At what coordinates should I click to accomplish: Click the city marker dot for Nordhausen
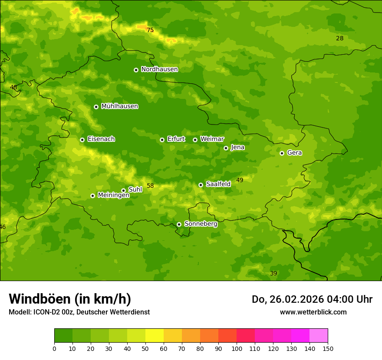click(136, 70)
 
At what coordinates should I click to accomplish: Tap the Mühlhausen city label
click(119, 106)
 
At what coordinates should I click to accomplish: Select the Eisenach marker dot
click(82, 140)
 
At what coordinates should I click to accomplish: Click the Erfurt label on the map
click(176, 139)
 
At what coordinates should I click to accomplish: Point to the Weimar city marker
click(195, 140)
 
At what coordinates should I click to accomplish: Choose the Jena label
click(237, 147)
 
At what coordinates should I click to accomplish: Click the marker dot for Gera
click(282, 153)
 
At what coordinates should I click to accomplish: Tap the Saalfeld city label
click(218, 184)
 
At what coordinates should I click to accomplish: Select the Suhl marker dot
click(123, 190)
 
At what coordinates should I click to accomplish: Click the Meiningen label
click(113, 195)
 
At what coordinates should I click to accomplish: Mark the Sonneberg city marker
click(179, 224)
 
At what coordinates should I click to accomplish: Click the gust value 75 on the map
click(150, 30)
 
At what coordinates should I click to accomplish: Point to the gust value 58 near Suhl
click(150, 186)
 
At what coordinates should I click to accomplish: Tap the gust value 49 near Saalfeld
click(240, 180)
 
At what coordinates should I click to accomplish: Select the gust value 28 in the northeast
click(339, 39)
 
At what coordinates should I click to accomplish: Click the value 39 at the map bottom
click(273, 274)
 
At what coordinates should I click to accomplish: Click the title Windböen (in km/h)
click(70, 299)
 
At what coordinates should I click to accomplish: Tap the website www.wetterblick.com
click(313, 312)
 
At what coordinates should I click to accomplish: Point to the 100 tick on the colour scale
click(237, 348)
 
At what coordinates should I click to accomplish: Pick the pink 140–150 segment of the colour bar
click(319, 336)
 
